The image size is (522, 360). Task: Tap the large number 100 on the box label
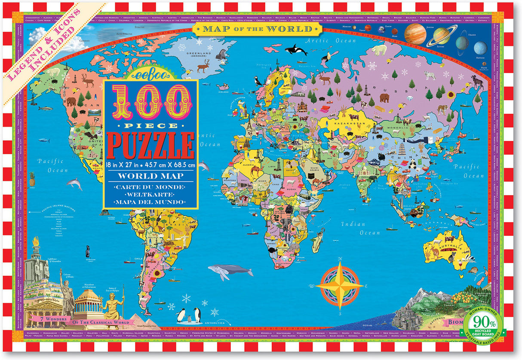150,102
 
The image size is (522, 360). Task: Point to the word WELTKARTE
150,195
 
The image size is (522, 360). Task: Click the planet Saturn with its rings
442,37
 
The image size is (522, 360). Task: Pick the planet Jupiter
415,34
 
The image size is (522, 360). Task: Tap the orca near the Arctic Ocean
296,50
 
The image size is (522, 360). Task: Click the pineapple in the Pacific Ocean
31,179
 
